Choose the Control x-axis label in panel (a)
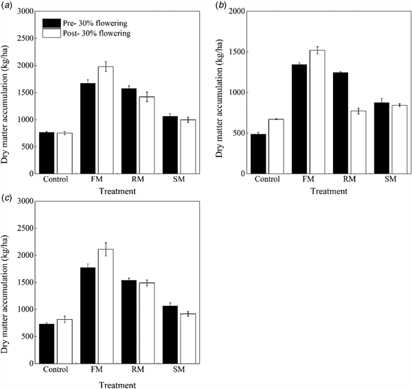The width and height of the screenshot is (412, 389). (x=54, y=182)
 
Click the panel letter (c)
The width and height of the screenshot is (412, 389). (x=8, y=196)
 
